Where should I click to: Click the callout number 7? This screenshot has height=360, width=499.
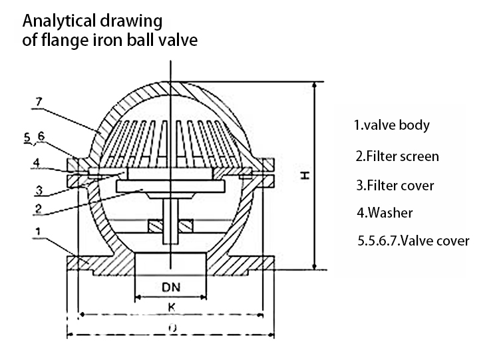[39, 102]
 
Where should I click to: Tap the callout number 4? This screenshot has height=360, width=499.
[37, 163]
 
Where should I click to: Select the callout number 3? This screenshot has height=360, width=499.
[39, 190]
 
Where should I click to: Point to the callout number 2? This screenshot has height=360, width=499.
[38, 209]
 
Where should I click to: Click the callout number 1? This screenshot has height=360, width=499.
[38, 232]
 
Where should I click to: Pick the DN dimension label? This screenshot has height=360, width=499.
[171, 287]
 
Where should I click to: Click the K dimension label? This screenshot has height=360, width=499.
[171, 307]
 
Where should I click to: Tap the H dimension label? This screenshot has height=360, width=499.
[305, 175]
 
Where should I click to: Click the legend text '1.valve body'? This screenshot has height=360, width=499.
[392, 125]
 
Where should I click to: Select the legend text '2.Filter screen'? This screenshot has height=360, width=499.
[397, 156]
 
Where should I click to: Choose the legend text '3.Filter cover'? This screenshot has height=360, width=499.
[395, 185]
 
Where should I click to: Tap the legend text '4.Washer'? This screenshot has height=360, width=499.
[385, 213]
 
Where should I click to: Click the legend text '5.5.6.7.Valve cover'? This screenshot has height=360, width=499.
[413, 241]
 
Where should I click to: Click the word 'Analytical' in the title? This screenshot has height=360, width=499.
[59, 22]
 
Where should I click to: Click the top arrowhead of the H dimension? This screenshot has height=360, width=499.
[315, 85]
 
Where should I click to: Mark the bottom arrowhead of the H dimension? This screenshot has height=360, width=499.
[315, 267]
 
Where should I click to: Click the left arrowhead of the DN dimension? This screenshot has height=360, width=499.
[138, 297]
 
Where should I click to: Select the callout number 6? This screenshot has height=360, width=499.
[41, 136]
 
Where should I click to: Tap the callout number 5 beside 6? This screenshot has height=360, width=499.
[28, 138]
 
